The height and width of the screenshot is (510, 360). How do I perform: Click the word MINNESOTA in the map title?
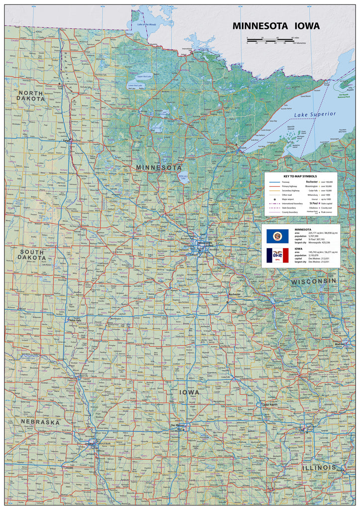click(259, 26)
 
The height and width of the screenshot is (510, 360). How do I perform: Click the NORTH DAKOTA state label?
click(30, 96)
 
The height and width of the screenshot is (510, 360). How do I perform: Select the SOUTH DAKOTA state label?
click(32, 255)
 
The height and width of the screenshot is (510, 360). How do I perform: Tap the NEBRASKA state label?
click(40, 422)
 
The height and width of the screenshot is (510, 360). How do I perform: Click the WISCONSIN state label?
click(314, 281)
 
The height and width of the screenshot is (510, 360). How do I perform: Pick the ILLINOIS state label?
click(319, 468)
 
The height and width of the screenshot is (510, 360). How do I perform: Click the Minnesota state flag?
click(277, 236)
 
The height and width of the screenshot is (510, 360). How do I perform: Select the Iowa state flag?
click(277, 255)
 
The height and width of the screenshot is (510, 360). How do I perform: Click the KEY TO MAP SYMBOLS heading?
click(300, 176)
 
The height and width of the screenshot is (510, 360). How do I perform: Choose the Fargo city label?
click(67, 140)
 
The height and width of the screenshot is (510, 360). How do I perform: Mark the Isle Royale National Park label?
click(344, 96)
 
